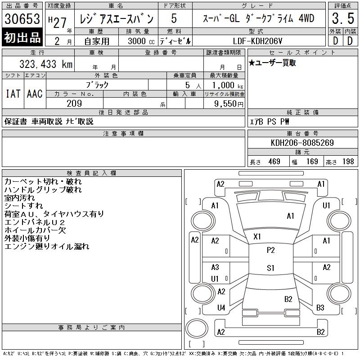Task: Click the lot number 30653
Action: click(x=22, y=20)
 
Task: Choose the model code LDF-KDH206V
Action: click(x=258, y=40)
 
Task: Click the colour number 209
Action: click(x=74, y=103)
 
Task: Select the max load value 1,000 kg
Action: click(x=225, y=85)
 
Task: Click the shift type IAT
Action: click(x=13, y=94)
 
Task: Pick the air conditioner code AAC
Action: click(x=35, y=94)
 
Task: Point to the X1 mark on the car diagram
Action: click(x=257, y=236)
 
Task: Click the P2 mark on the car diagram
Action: click(x=270, y=250)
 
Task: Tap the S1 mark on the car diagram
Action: click(x=270, y=268)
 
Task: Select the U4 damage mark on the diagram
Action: click(x=221, y=308)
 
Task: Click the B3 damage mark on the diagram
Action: click(x=320, y=308)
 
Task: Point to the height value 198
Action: click(x=348, y=162)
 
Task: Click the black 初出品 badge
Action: click(x=22, y=38)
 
